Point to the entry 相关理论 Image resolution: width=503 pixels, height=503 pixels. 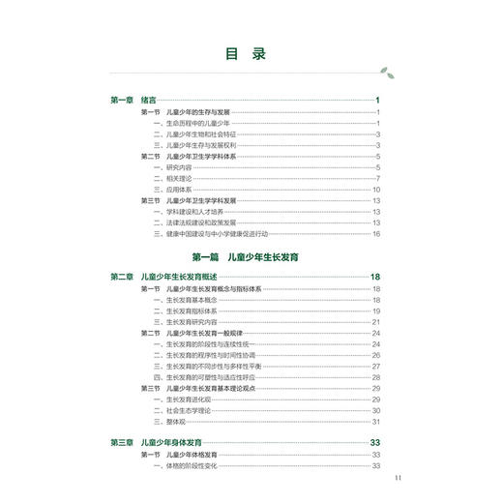point(174,178)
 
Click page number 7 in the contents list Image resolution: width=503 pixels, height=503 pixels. point(378,178)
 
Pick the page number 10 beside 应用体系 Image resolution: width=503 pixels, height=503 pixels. point(376,190)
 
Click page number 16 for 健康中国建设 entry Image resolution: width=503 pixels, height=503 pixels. point(376,234)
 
